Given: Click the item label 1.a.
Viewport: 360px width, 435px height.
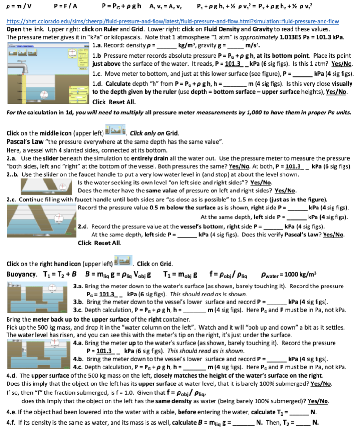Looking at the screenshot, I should (x=98, y=46).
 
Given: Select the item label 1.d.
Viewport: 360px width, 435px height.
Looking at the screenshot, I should (x=98, y=83).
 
